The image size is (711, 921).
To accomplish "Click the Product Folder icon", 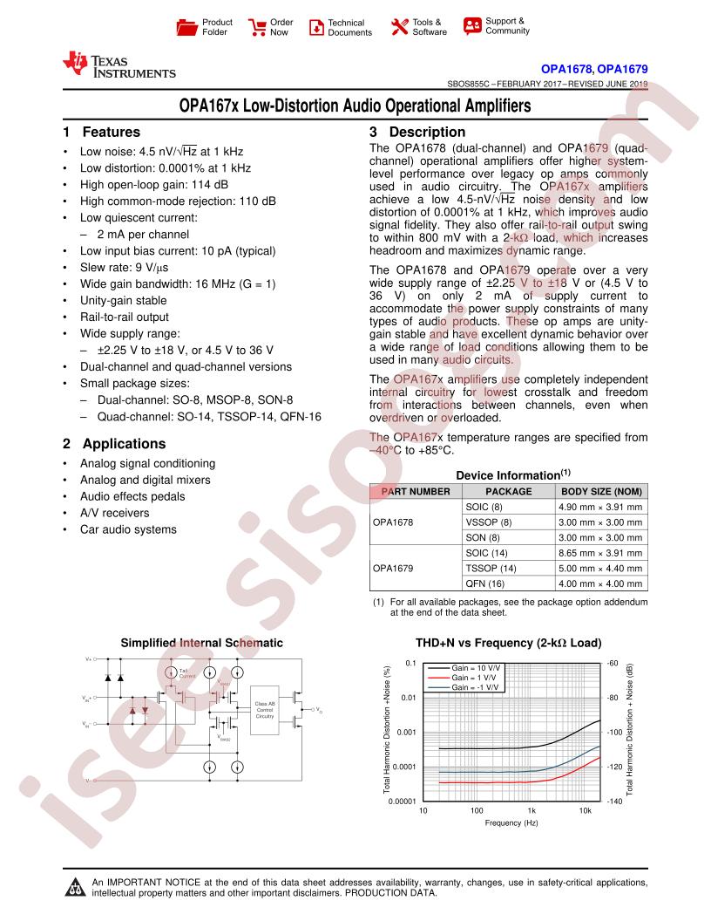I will [x=187, y=27].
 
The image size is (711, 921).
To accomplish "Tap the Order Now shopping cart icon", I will [x=257, y=27].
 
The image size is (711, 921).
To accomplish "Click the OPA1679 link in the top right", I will [x=623, y=67].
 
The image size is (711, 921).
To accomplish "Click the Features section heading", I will [x=101, y=133].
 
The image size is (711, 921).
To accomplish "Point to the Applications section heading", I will [x=113, y=443].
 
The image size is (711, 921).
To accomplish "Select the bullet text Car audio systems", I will [x=128, y=529].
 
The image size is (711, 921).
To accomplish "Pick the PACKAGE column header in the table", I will [x=508, y=491].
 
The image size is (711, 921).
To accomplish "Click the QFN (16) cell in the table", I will [x=485, y=583].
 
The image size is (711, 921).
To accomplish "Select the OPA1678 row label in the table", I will [x=393, y=522].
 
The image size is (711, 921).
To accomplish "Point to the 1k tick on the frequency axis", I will [x=532, y=810].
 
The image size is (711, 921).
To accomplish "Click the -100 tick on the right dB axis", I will [x=613, y=732].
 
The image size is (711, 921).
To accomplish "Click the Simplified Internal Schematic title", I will [x=201, y=643].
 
